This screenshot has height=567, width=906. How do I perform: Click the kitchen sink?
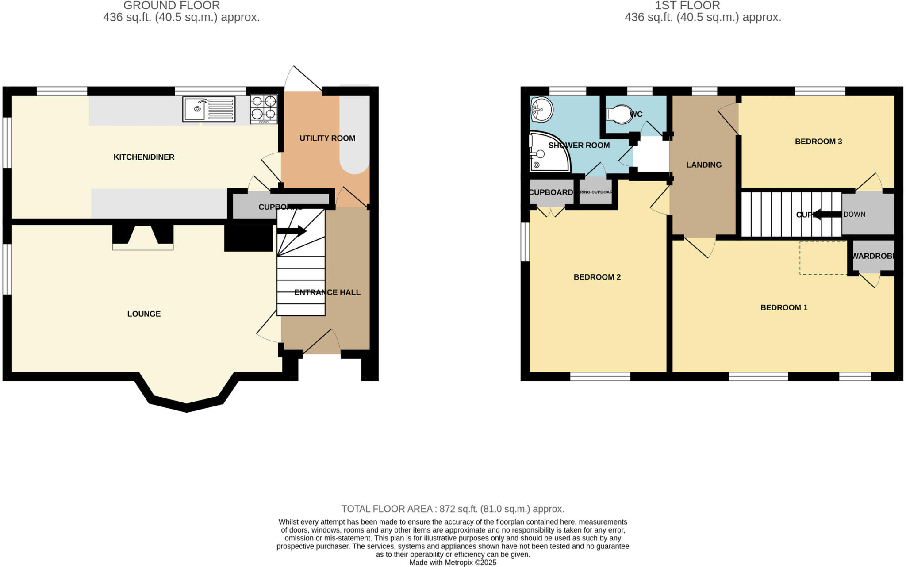(208, 109)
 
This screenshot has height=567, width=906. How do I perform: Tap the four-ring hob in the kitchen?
(264, 108)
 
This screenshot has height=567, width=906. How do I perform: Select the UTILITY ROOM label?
(327, 138)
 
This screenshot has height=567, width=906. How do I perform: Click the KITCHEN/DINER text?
(144, 157)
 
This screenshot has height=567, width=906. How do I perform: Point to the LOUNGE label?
(144, 314)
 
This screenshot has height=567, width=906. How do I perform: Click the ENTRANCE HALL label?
(327, 292)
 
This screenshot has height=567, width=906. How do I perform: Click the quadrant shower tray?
(547, 153)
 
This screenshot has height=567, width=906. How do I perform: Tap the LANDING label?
(704, 165)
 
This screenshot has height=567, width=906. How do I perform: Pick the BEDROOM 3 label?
(818, 142)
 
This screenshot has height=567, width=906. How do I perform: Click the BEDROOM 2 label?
(597, 277)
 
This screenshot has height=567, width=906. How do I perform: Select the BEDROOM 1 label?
(784, 307)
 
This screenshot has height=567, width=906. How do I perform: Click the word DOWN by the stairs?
(854, 215)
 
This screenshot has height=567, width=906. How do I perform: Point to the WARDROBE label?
(873, 256)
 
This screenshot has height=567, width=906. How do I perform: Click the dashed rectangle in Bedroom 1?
(823, 258)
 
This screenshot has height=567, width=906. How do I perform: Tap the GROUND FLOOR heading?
(171, 6)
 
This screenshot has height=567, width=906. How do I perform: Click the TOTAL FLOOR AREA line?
(453, 509)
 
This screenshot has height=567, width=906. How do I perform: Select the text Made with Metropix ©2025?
(453, 563)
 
